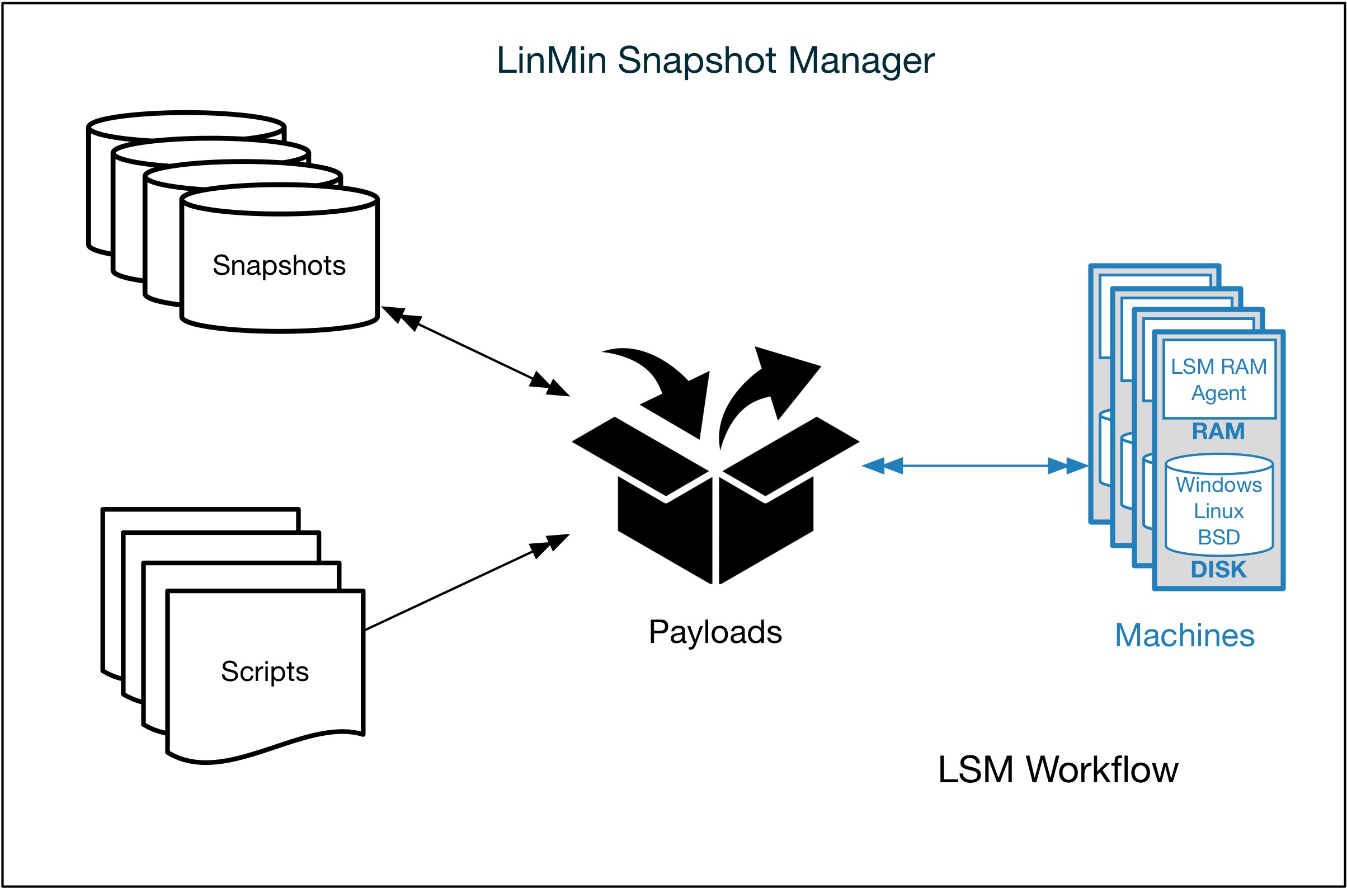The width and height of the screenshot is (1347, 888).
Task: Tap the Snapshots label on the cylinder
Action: click(279, 266)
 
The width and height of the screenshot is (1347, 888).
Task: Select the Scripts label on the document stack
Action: click(265, 671)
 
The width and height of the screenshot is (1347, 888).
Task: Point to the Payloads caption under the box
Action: click(714, 632)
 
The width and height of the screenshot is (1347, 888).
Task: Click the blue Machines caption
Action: click(1185, 636)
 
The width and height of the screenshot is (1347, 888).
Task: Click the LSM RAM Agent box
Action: click(1218, 379)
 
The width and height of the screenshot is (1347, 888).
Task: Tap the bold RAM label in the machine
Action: click(1218, 431)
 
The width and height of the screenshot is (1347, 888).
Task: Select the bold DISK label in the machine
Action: click(1218, 569)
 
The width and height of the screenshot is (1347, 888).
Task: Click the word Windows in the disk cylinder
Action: click(1218, 485)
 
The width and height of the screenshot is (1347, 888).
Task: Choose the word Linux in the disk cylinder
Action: click(1218, 511)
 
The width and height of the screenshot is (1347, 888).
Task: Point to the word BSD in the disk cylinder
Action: click(1218, 537)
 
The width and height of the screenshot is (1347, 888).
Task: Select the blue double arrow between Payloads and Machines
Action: click(974, 466)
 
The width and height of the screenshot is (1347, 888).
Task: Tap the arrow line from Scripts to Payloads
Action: click(464, 583)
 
